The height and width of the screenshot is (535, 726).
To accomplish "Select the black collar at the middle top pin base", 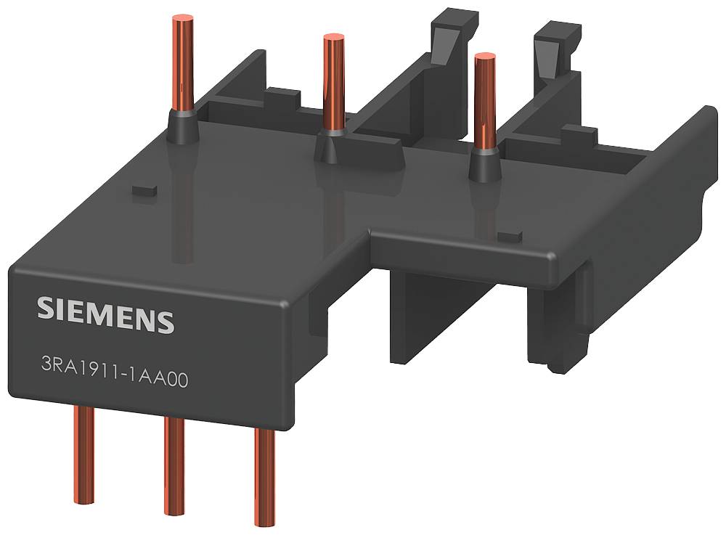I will (x=333, y=146).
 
